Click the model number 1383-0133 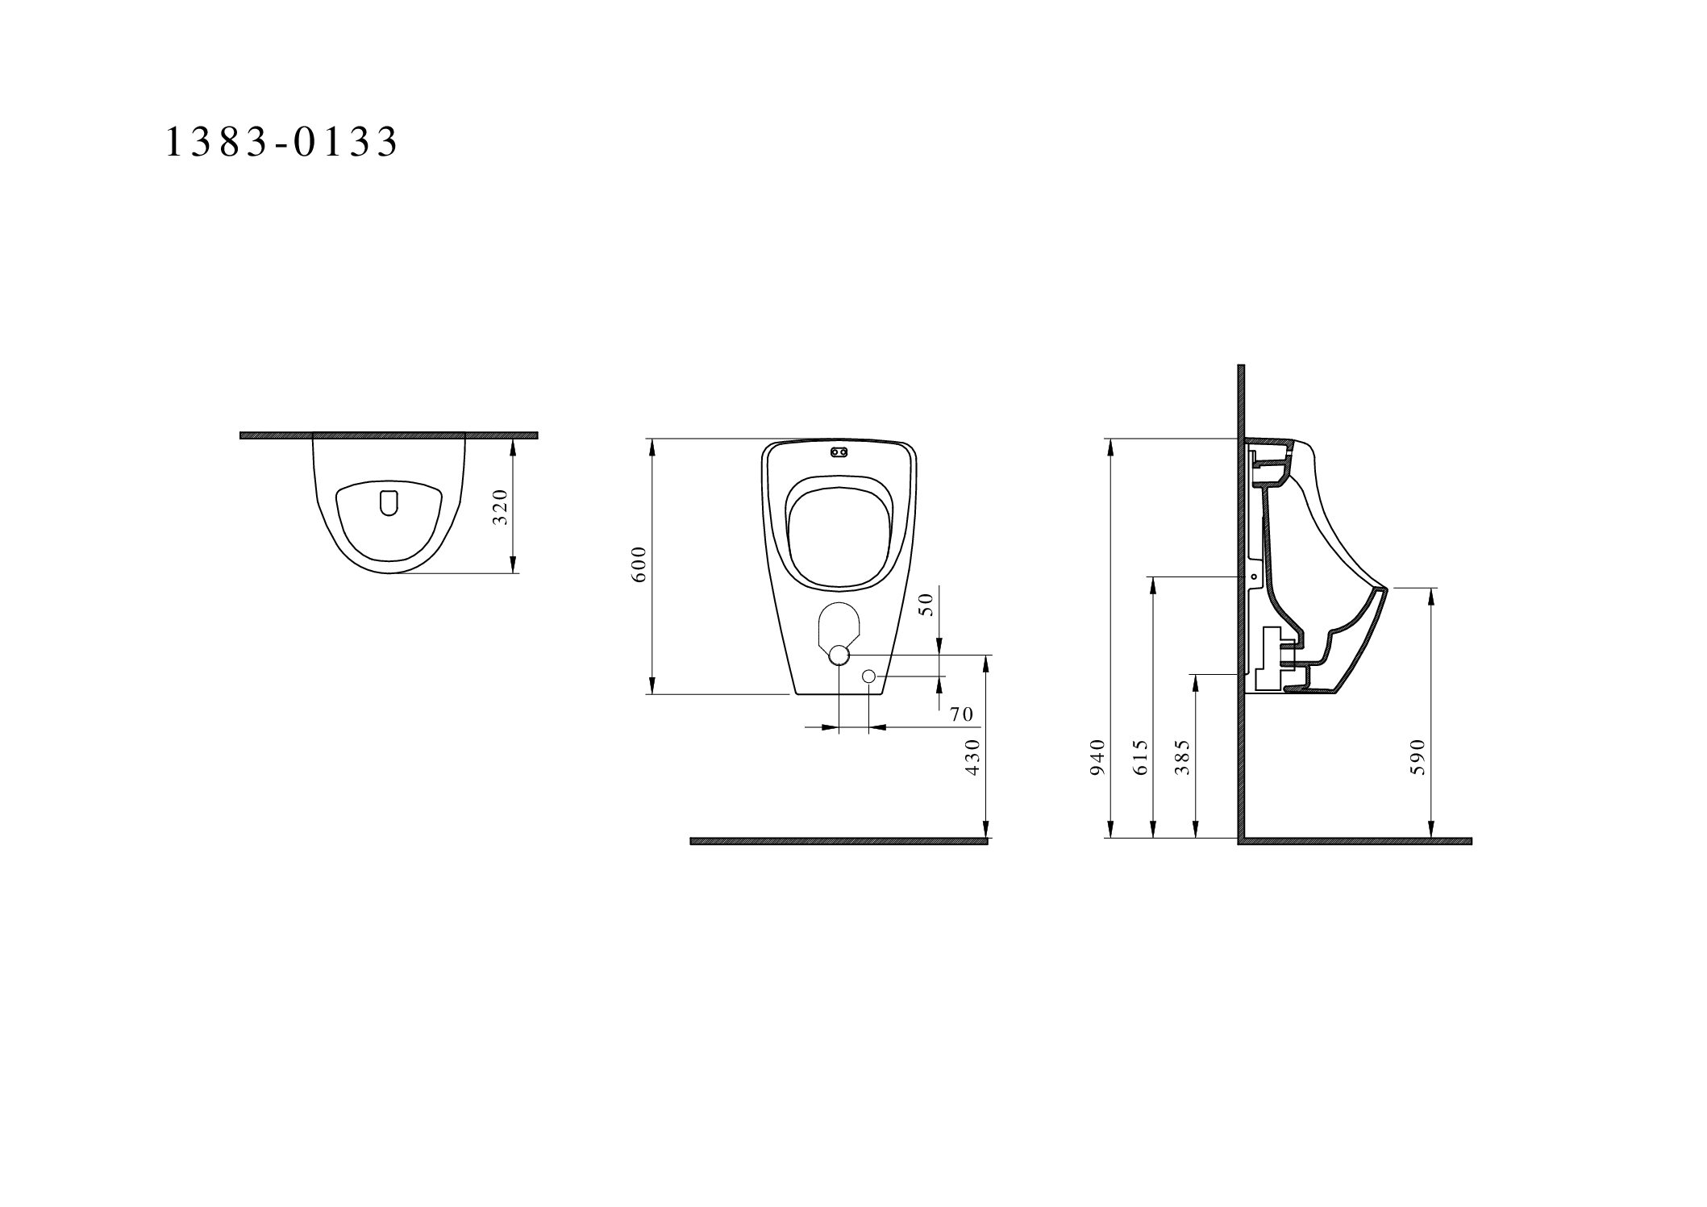(x=281, y=142)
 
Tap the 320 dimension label (x=502, y=507)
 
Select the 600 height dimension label (x=639, y=564)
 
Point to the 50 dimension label (x=926, y=605)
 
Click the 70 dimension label (x=962, y=714)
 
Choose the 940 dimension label (x=1097, y=757)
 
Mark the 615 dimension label (x=1140, y=757)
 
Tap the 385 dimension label (x=1182, y=757)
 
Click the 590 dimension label (x=1418, y=757)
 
